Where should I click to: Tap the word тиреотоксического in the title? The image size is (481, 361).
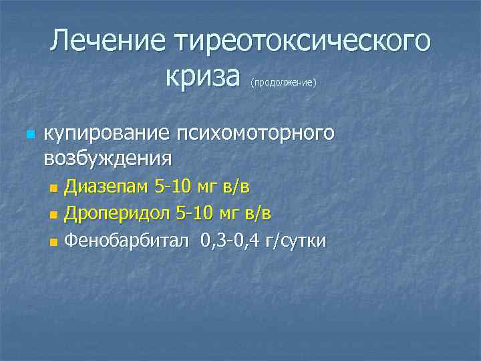pyautogui.click(x=302, y=42)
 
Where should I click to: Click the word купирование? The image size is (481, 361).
pyautogui.click(x=106, y=134)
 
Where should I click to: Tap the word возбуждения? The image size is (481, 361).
pyautogui.click(x=107, y=158)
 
